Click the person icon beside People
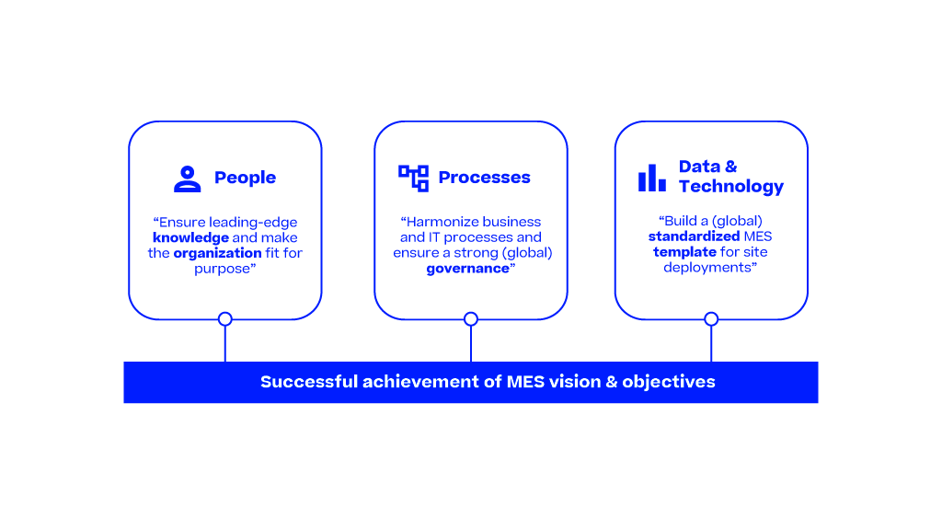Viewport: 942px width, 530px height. pyautogui.click(x=188, y=178)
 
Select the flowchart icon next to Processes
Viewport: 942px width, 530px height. pyautogui.click(x=413, y=178)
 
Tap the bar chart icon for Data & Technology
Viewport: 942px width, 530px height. pyautogui.click(x=651, y=178)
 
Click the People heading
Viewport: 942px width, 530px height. pyautogui.click(x=245, y=178)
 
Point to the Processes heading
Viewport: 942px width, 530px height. pyautogui.click(x=484, y=178)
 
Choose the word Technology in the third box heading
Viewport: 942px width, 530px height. pyautogui.click(x=731, y=187)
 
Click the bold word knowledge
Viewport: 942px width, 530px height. pyautogui.click(x=190, y=237)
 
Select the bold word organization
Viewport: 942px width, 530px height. pyautogui.click(x=217, y=253)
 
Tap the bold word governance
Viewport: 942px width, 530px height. pyautogui.click(x=467, y=269)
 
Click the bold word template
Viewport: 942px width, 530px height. pyautogui.click(x=684, y=252)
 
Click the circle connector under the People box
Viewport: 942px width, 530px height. pyautogui.click(x=224, y=319)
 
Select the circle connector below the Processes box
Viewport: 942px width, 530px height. pyautogui.click(x=471, y=319)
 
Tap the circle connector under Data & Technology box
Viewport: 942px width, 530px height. pyautogui.click(x=711, y=319)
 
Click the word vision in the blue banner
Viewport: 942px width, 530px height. pyautogui.click(x=574, y=382)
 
